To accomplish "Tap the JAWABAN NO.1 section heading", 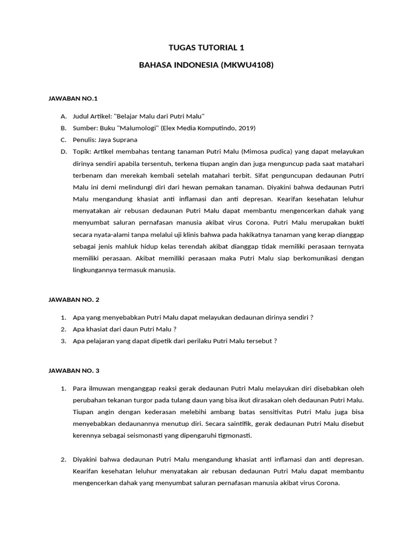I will click(x=73, y=99).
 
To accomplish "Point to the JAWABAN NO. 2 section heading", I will click(x=74, y=300).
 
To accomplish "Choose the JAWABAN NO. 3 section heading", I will click(x=74, y=371).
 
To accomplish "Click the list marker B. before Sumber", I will click(x=63, y=128).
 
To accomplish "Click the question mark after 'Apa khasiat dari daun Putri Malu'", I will click(x=175, y=329).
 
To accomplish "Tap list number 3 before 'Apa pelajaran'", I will click(x=63, y=341).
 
